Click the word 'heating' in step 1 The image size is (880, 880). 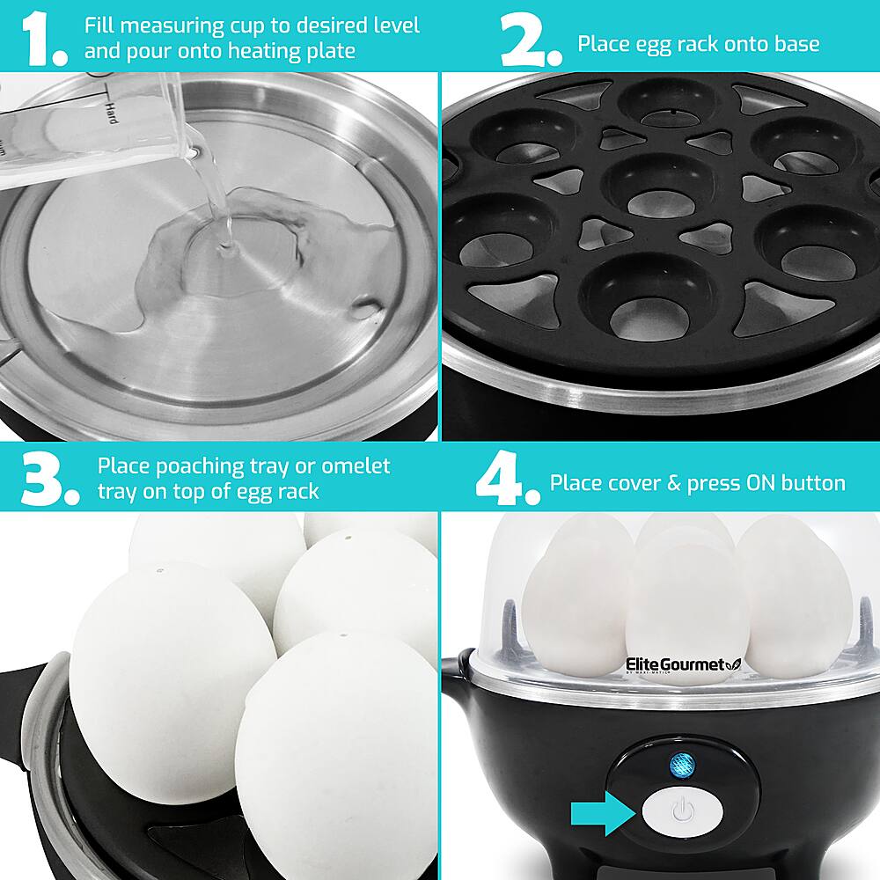coord(269,51)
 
